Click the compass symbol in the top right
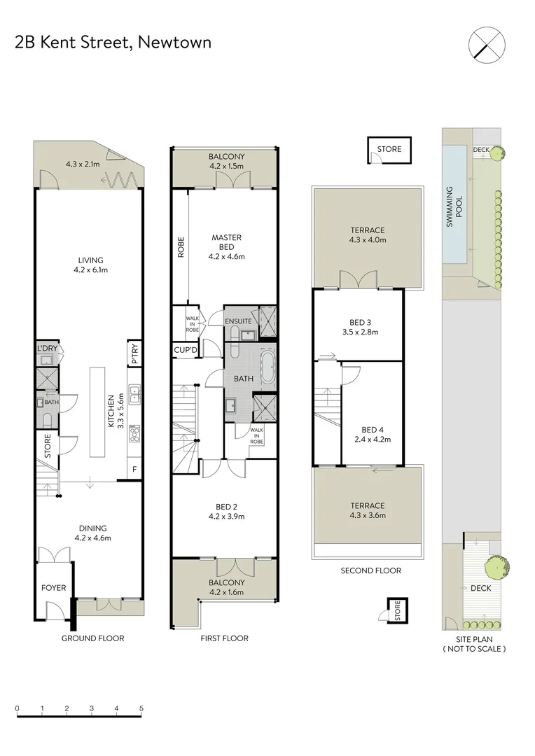coord(486,43)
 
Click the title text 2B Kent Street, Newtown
coord(113,43)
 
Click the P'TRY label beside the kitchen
coord(134,353)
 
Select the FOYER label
coord(53,587)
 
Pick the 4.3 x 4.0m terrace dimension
coord(368,240)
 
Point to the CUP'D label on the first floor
coord(186,349)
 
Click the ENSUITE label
coord(239,321)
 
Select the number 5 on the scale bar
coord(141,708)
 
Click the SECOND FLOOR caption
coord(370,570)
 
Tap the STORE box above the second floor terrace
coord(389,149)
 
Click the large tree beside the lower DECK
coord(496,566)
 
